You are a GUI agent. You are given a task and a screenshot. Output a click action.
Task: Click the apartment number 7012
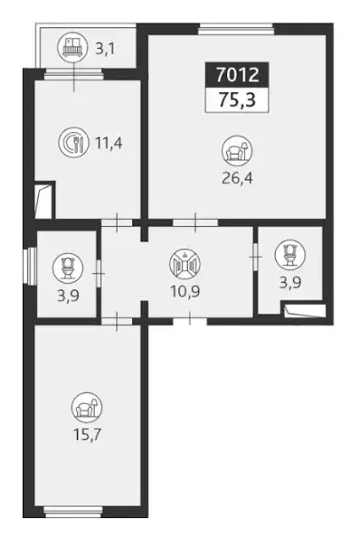point(237,74)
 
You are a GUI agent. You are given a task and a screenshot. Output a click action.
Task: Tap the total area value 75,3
point(237,100)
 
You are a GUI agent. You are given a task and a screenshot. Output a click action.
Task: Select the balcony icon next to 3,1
point(71,47)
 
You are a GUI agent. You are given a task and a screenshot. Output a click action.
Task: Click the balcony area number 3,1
point(105,49)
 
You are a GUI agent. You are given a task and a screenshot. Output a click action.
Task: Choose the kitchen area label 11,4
point(109,143)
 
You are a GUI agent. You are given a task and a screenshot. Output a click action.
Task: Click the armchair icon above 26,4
point(237,150)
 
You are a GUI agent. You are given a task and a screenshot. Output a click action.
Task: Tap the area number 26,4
point(237,178)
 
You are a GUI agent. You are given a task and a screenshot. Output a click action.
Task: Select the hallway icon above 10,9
point(185,264)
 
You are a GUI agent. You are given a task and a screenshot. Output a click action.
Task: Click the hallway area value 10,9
point(185,292)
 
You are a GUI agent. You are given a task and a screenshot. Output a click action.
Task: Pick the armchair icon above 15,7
point(87,407)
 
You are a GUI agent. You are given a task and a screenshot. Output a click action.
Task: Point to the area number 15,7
point(87,435)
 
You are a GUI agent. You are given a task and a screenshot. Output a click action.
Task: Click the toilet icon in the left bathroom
point(68,268)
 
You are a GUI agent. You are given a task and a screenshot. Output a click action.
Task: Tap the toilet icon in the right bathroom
point(290,254)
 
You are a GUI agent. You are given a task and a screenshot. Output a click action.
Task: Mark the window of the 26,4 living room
point(237,30)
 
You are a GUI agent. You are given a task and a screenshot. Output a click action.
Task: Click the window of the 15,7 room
point(73,511)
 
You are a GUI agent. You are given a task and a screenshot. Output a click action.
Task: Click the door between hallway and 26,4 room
point(195,223)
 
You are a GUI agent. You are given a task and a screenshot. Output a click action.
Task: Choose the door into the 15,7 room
point(117,321)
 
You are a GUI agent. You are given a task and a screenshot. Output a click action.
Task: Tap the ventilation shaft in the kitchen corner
point(43,201)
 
